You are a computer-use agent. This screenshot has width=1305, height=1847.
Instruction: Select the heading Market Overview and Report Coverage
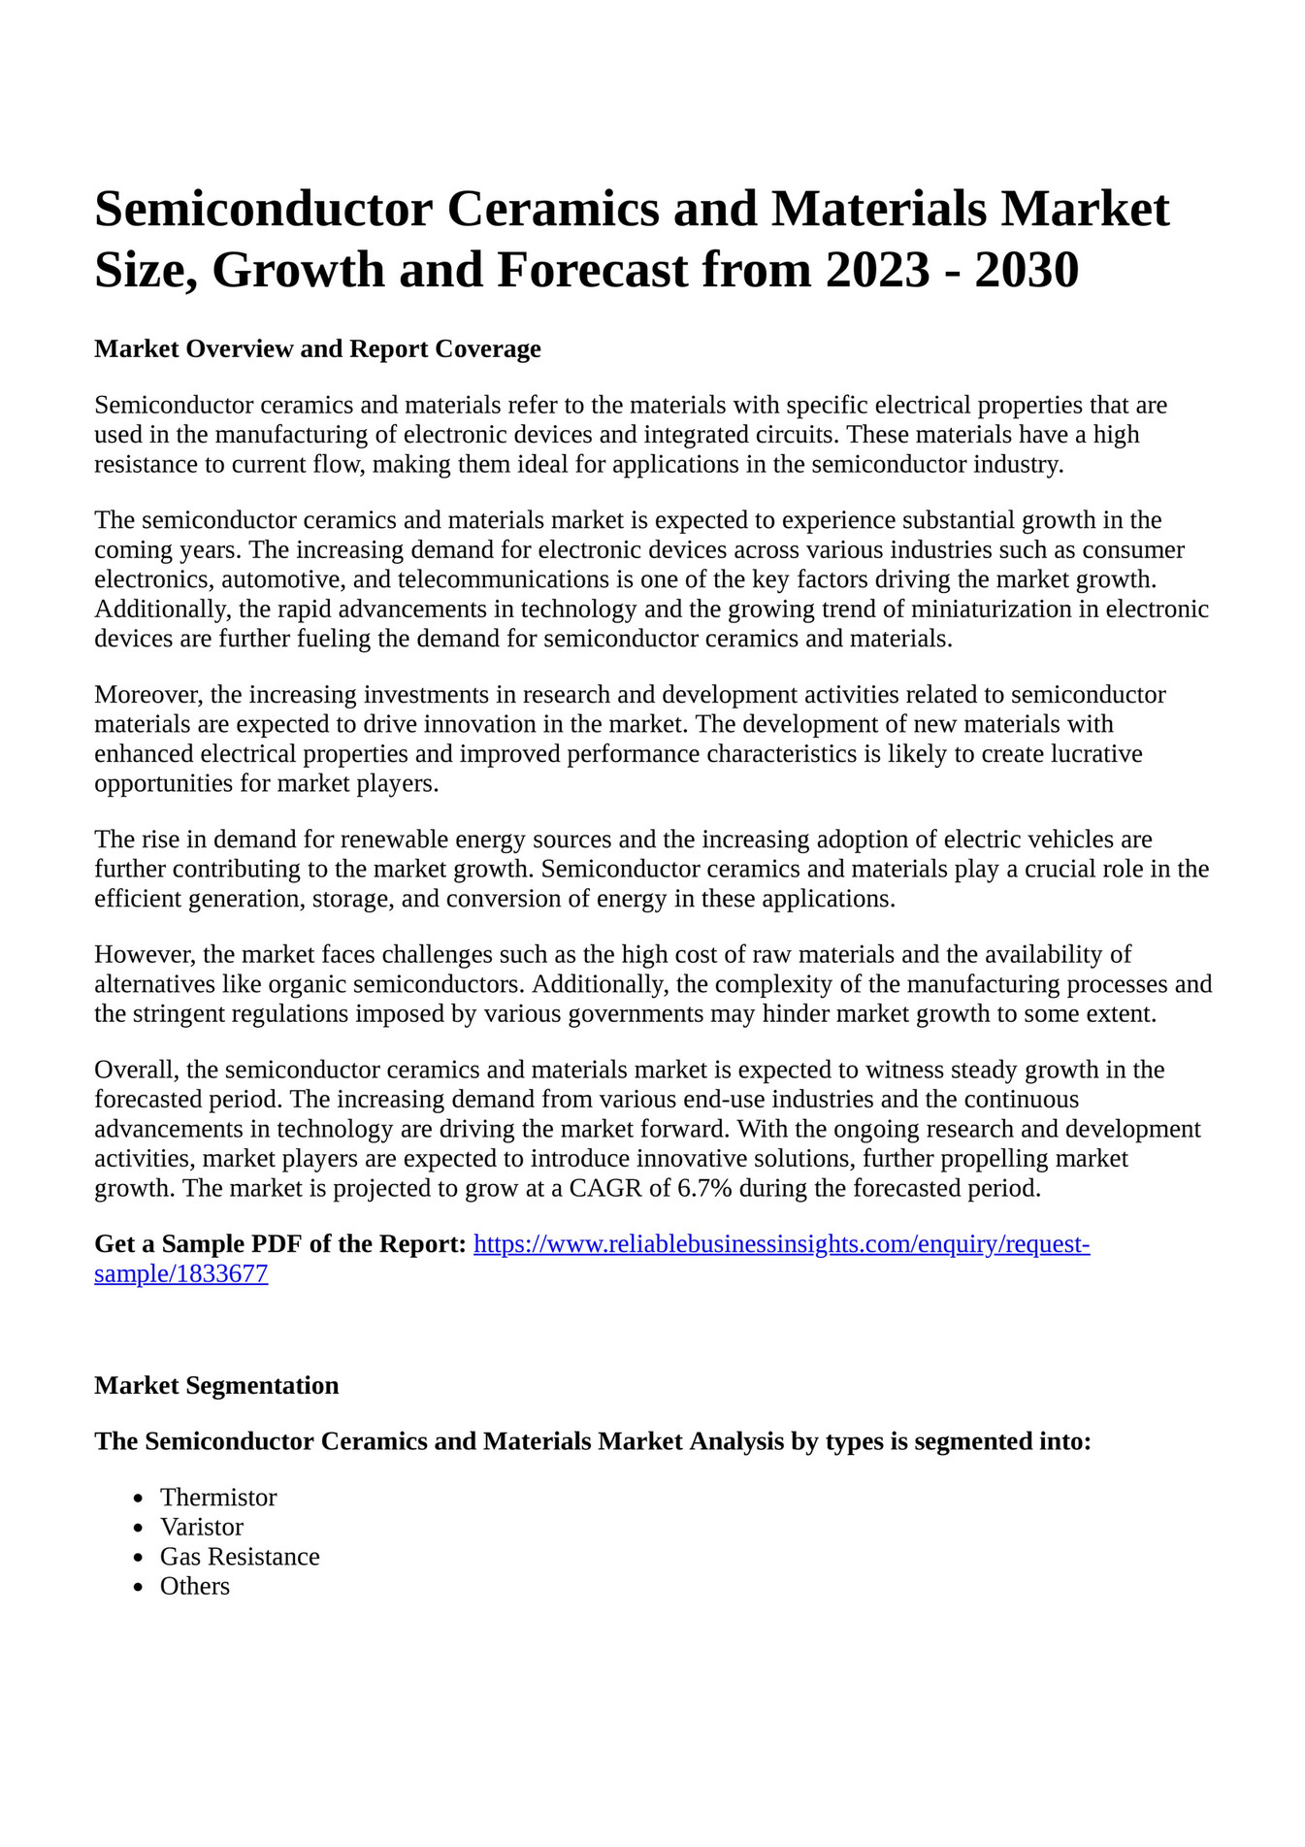(317, 348)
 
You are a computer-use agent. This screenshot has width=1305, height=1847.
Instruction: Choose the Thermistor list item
(218, 1497)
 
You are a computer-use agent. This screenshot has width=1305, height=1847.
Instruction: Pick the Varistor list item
(202, 1527)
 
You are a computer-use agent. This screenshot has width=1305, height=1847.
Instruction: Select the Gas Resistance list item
(240, 1556)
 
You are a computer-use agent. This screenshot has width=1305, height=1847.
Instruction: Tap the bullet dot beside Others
(139, 1587)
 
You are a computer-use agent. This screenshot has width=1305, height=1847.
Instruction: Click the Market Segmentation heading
(216, 1385)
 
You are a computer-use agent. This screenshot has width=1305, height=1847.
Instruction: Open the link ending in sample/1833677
(180, 1273)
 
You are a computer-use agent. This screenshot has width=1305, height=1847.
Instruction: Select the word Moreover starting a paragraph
(148, 694)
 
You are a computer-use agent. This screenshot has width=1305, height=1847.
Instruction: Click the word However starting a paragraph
(146, 954)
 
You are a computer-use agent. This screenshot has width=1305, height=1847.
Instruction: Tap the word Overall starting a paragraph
(136, 1070)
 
